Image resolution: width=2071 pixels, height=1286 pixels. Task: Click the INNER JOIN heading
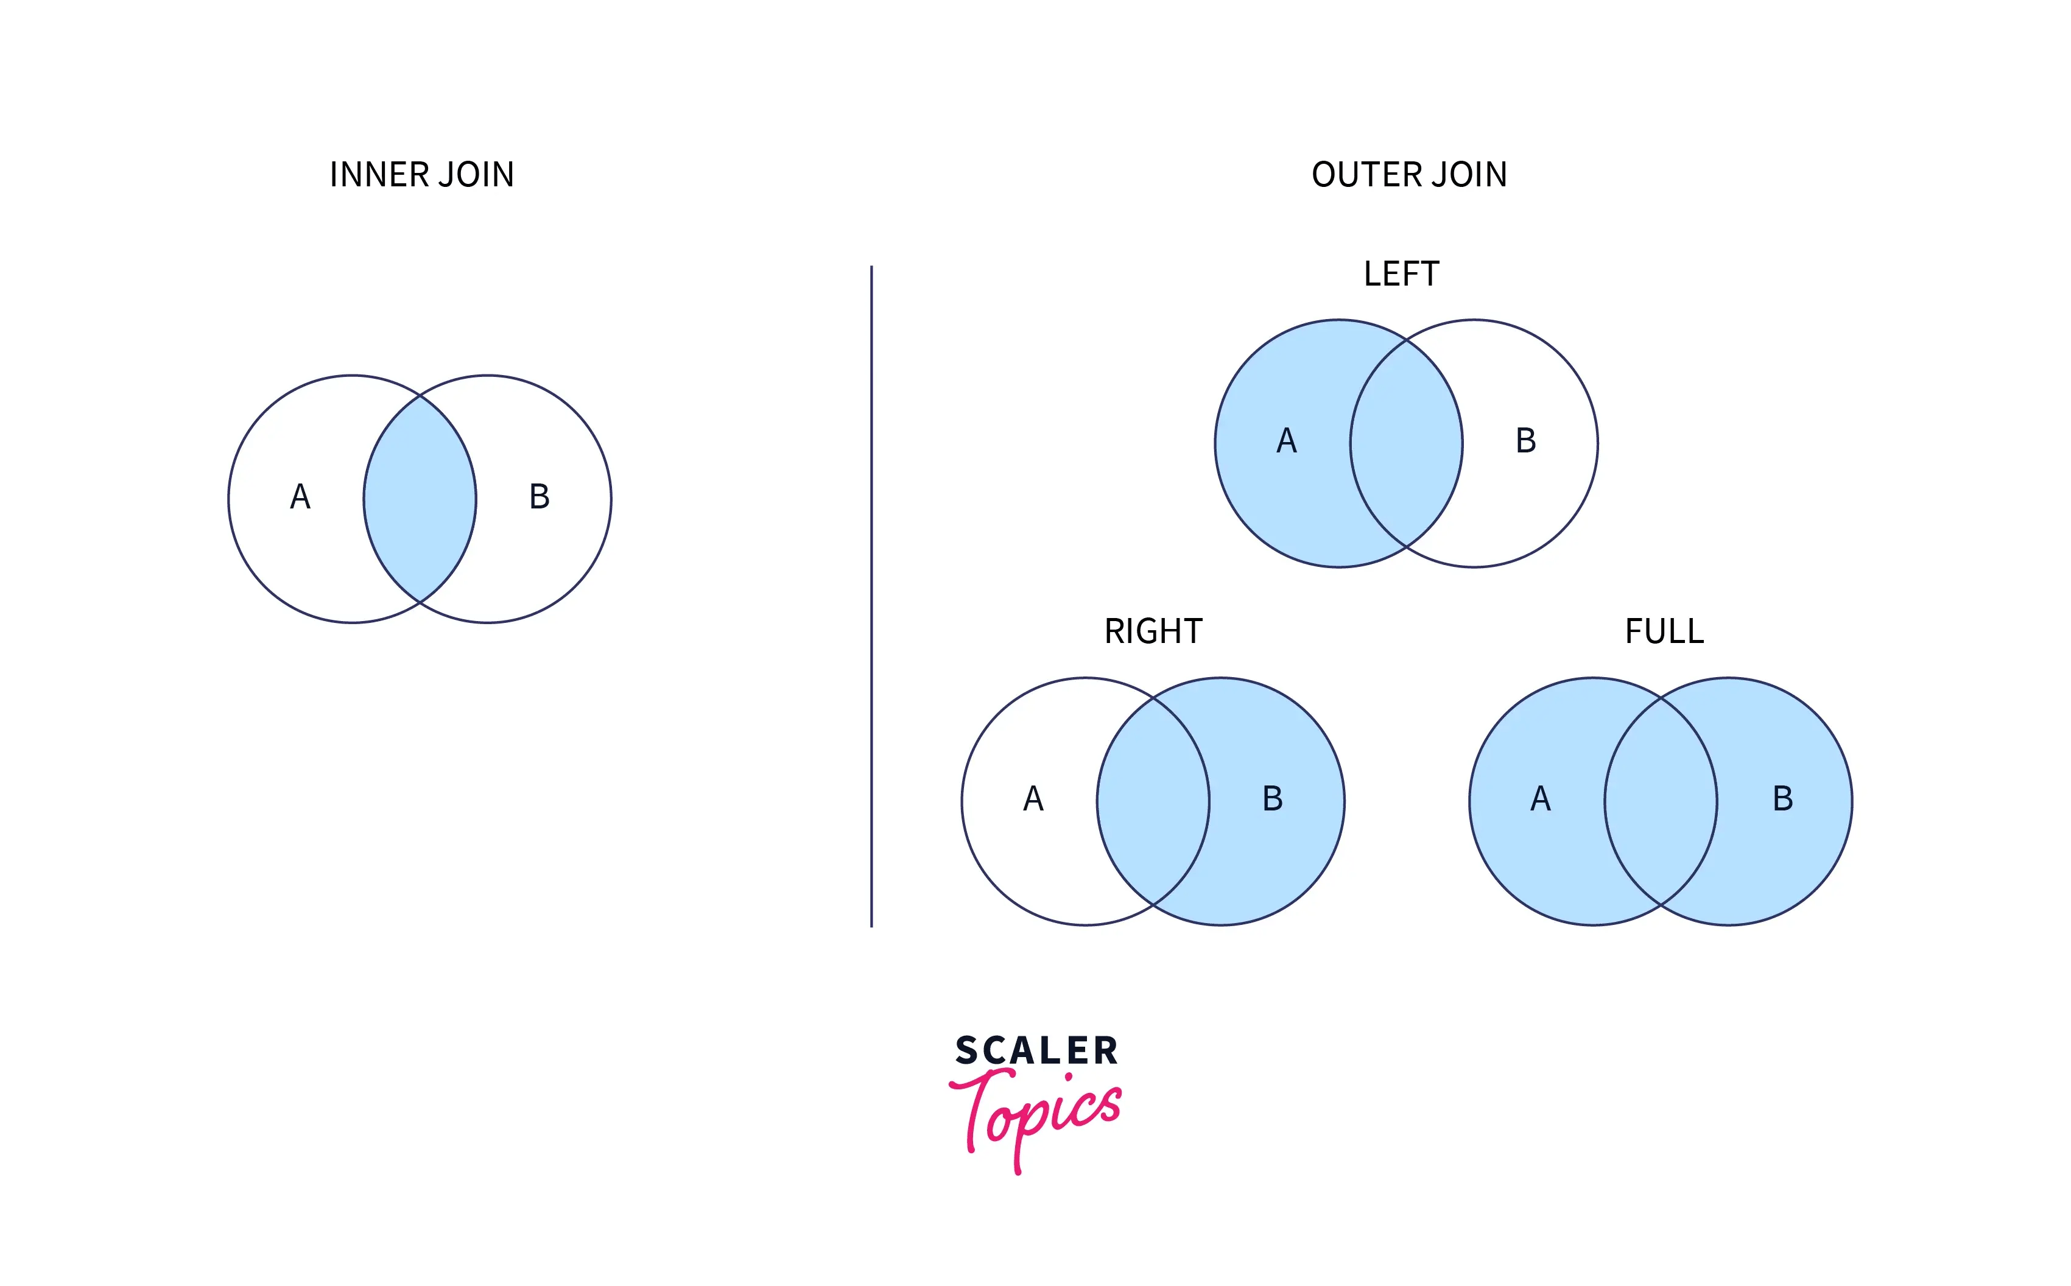tap(422, 174)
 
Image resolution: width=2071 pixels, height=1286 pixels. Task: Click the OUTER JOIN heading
tap(1408, 174)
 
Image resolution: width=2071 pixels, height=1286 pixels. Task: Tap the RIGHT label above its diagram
tap(1153, 631)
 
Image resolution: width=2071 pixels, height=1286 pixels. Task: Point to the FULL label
tap(1664, 631)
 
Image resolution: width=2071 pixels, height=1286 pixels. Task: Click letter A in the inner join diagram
tap(300, 497)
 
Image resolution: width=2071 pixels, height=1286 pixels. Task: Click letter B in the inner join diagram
tap(540, 497)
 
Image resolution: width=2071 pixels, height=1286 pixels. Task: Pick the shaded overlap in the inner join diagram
tap(420, 499)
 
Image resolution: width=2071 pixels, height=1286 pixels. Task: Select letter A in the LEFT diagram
tap(1286, 441)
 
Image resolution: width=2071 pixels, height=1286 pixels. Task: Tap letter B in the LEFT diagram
tap(1526, 441)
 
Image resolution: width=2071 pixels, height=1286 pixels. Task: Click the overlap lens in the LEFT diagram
tap(1407, 443)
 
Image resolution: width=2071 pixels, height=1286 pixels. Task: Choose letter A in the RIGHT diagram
tap(1033, 799)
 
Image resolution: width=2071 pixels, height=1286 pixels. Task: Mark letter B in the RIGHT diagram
tap(1272, 799)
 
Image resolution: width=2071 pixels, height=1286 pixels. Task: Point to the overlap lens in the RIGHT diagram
tap(1153, 801)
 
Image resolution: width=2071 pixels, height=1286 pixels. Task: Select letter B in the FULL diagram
tap(1783, 799)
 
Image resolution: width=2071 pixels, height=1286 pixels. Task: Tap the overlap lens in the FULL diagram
tap(1661, 801)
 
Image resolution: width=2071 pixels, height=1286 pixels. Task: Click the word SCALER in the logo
tap(1036, 1051)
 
